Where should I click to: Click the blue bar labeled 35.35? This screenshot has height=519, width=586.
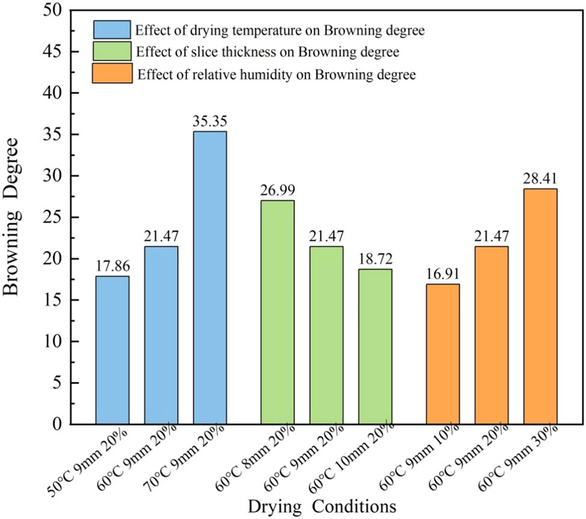coord(210,278)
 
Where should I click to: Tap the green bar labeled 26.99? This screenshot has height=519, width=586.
coord(277,312)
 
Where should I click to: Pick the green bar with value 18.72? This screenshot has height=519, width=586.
coord(375,346)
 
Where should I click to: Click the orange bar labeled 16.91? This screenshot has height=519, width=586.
coord(442,354)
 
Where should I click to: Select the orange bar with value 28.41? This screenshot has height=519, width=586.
coord(540,306)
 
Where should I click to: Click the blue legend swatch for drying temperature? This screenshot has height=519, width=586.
coord(112,29)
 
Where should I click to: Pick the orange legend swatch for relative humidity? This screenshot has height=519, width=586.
coord(112,74)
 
